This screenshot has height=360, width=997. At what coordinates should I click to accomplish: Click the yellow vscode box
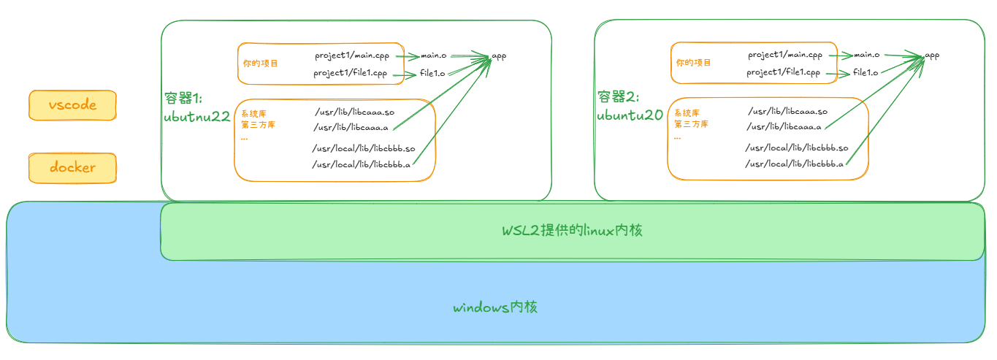72,105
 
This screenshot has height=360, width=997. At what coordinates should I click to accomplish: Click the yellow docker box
72,168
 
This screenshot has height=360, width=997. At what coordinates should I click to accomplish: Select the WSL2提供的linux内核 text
572,231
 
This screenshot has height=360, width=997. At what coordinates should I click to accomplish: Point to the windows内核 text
495,307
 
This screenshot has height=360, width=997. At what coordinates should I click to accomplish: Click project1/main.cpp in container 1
353,55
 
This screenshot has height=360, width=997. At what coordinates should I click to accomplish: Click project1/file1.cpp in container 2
783,72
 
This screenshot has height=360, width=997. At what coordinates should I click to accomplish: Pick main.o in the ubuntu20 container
866,55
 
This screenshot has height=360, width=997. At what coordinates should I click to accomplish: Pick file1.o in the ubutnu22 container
432,73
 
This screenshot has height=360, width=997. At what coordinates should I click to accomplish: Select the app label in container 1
499,55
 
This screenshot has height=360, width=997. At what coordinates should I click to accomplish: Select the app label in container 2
932,55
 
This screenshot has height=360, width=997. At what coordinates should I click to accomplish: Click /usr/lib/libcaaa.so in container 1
354,112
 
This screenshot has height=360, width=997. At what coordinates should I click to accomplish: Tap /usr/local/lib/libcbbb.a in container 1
362,164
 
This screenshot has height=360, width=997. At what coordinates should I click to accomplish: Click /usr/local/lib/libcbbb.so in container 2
797,148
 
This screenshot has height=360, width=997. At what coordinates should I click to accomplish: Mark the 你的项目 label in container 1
261,64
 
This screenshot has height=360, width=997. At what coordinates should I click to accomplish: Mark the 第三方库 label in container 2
691,124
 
